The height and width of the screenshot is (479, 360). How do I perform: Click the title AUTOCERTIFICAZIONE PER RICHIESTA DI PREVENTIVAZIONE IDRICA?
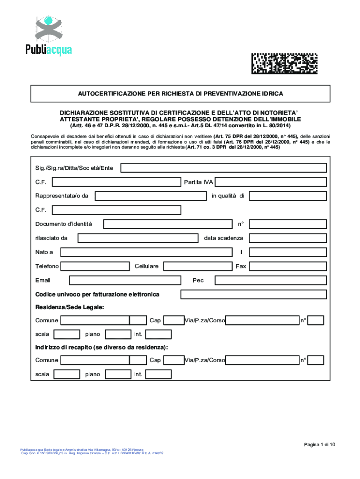[180, 94]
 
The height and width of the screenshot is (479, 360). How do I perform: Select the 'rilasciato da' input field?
[138, 238]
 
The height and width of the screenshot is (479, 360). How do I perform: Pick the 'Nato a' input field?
[146, 253]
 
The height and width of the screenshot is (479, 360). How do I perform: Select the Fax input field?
[287, 267]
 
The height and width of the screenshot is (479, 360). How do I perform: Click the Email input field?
[125, 281]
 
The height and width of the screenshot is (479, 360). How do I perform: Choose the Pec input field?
[270, 281]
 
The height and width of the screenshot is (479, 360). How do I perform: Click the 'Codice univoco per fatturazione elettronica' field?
[253, 295]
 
